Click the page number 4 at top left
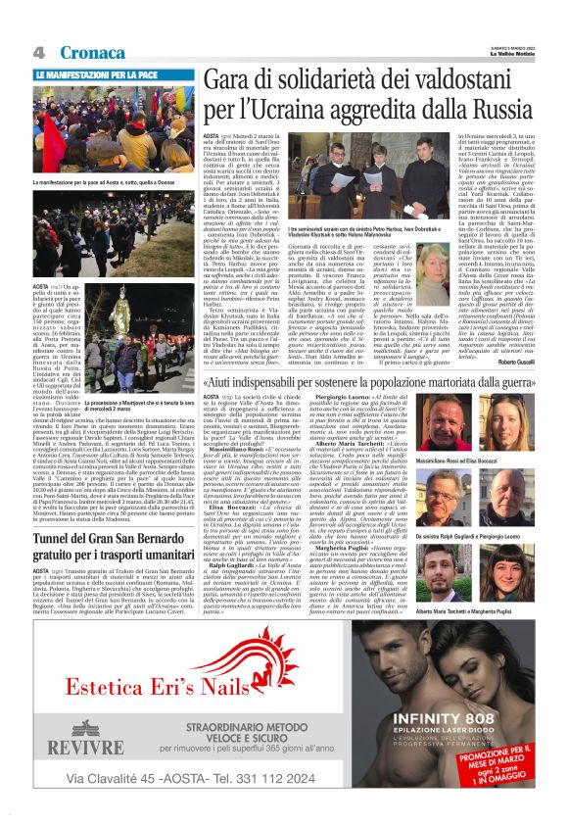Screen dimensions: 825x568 click(x=40, y=50)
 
